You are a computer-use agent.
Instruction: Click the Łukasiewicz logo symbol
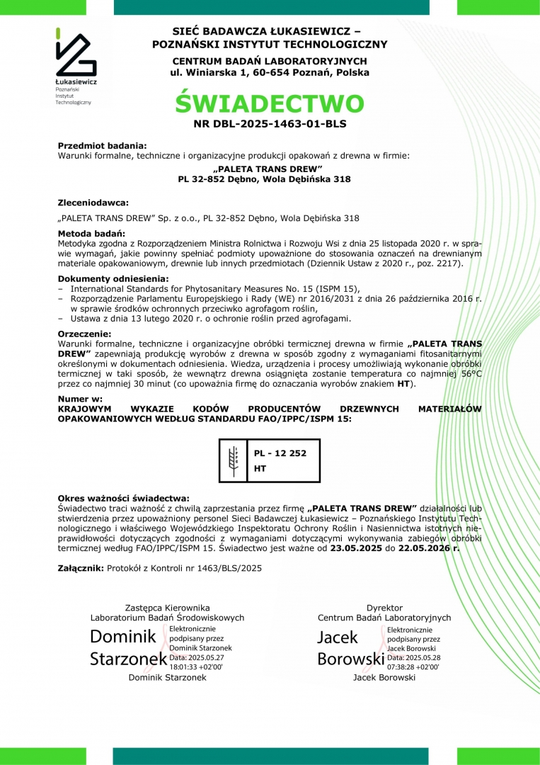[x=76, y=53]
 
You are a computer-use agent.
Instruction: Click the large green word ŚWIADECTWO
[x=270, y=103]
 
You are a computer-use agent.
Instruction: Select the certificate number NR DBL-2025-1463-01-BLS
[x=270, y=123]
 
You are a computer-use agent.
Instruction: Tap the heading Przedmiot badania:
[x=102, y=145]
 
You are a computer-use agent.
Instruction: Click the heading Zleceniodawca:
[x=93, y=203]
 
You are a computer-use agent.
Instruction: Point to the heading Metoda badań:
[x=91, y=233]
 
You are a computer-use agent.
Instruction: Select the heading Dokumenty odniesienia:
[x=113, y=278]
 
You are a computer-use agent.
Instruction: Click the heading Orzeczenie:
[x=84, y=333]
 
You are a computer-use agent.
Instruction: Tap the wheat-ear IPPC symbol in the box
[x=233, y=461]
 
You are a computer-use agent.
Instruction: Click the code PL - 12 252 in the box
[x=280, y=453]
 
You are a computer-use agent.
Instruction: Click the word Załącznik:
[x=81, y=568]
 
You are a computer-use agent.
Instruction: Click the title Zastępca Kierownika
[x=167, y=608]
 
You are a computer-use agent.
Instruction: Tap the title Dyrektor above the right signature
[x=384, y=608]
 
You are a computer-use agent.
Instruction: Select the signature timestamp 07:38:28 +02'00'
[x=413, y=667]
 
